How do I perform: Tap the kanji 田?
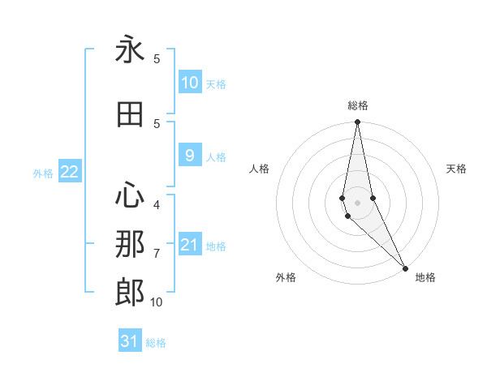click(130, 115)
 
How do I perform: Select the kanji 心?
click(130, 195)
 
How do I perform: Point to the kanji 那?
click(130, 244)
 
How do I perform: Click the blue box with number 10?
click(189, 82)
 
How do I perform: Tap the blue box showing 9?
click(189, 156)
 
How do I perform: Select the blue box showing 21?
click(189, 245)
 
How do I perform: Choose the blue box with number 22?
click(69, 171)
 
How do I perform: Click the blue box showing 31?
click(130, 341)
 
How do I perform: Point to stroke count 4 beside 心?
click(157, 205)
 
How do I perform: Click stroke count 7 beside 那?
click(157, 254)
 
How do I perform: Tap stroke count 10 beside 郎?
click(157, 302)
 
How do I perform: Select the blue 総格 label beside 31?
click(156, 343)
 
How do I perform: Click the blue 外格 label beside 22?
click(43, 173)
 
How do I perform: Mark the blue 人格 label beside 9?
click(216, 157)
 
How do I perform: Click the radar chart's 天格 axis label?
click(456, 169)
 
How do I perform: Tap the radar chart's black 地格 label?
click(425, 277)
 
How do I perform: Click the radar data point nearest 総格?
click(357, 122)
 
